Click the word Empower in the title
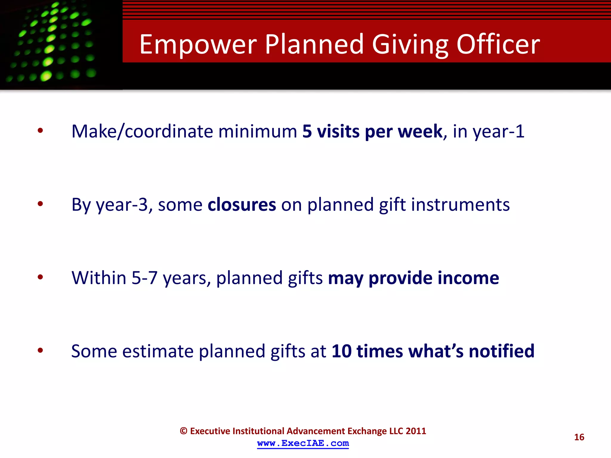198,45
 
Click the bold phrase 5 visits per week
372,131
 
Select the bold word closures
242,205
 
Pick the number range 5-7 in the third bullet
144,278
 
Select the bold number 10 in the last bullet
341,351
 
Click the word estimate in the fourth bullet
158,351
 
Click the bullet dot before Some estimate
40,350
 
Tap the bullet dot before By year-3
40,204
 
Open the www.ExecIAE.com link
303,443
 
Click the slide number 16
579,437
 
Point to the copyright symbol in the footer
183,431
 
